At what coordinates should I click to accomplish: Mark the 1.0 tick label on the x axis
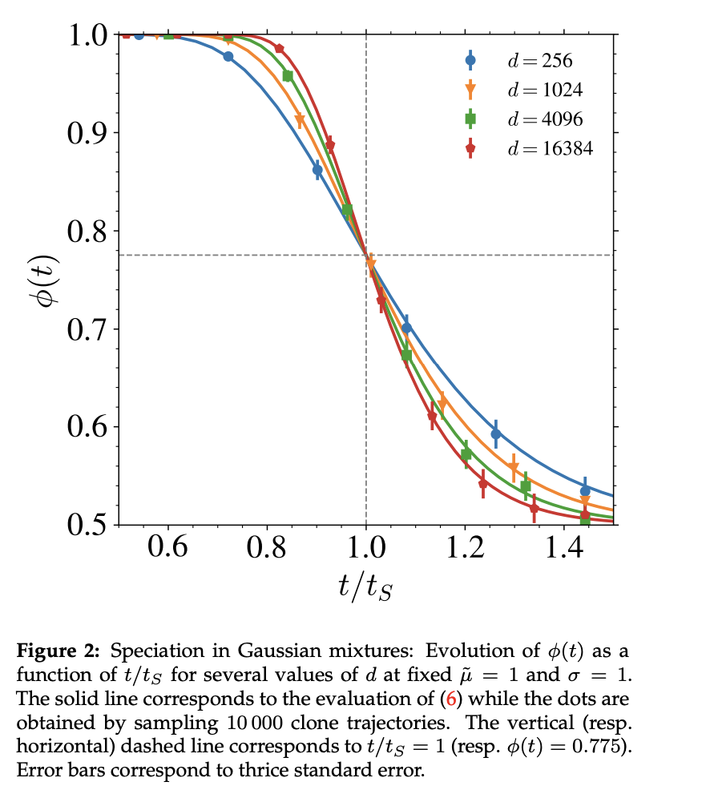[x=366, y=550]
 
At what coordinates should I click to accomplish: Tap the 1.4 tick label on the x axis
[x=564, y=550]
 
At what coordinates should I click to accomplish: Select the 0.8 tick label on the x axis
[x=267, y=550]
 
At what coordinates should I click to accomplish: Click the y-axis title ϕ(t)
[x=42, y=280]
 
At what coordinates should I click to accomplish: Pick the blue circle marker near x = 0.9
[x=317, y=170]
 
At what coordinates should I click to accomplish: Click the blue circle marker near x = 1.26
[x=496, y=433]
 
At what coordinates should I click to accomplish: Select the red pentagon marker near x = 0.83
[x=280, y=49]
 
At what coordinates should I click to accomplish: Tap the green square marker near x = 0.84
[x=288, y=75]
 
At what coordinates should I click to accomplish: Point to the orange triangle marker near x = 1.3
[x=514, y=468]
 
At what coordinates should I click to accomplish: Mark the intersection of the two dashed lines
[x=366, y=255]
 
